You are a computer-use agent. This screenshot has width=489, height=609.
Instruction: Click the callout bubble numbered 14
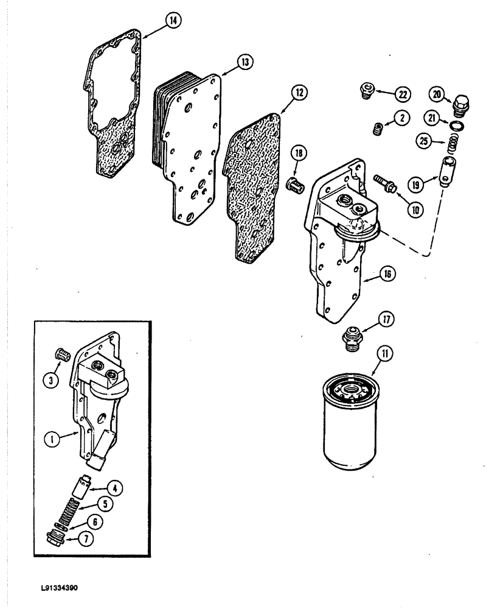tap(173, 21)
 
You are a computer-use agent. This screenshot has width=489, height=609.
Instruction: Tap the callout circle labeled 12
tap(298, 93)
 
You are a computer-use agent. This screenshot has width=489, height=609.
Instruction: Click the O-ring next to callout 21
tap(454, 125)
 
